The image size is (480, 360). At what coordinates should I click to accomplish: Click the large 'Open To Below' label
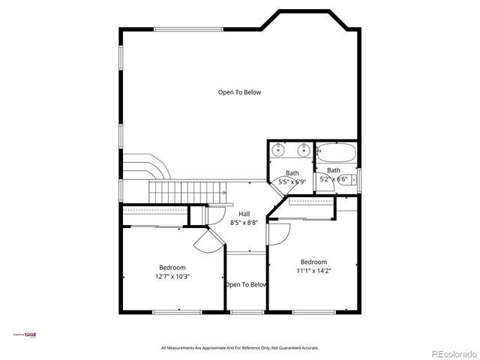click(x=239, y=92)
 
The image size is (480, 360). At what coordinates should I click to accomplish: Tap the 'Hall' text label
click(x=244, y=214)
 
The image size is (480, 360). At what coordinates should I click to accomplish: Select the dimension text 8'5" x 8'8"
click(x=244, y=223)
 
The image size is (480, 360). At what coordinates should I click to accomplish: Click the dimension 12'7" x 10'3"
click(x=172, y=276)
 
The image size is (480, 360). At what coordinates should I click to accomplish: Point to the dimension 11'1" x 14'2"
click(x=313, y=271)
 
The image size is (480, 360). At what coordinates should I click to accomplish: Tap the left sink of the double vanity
click(x=278, y=149)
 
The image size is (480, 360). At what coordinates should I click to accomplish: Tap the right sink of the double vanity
click(x=302, y=149)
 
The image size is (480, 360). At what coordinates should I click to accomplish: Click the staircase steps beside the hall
click(x=187, y=190)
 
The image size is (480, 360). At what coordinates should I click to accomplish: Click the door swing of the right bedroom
click(x=276, y=232)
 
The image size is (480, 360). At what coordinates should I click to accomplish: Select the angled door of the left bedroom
click(x=206, y=241)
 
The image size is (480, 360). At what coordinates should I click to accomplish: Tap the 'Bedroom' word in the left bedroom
click(x=172, y=267)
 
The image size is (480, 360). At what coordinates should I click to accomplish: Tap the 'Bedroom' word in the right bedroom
click(x=313, y=262)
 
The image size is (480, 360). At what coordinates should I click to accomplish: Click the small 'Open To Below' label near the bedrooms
click(x=246, y=285)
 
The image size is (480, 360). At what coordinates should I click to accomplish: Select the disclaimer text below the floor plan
click(x=240, y=348)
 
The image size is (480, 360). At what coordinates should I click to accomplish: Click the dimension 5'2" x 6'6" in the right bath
click(x=333, y=180)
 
